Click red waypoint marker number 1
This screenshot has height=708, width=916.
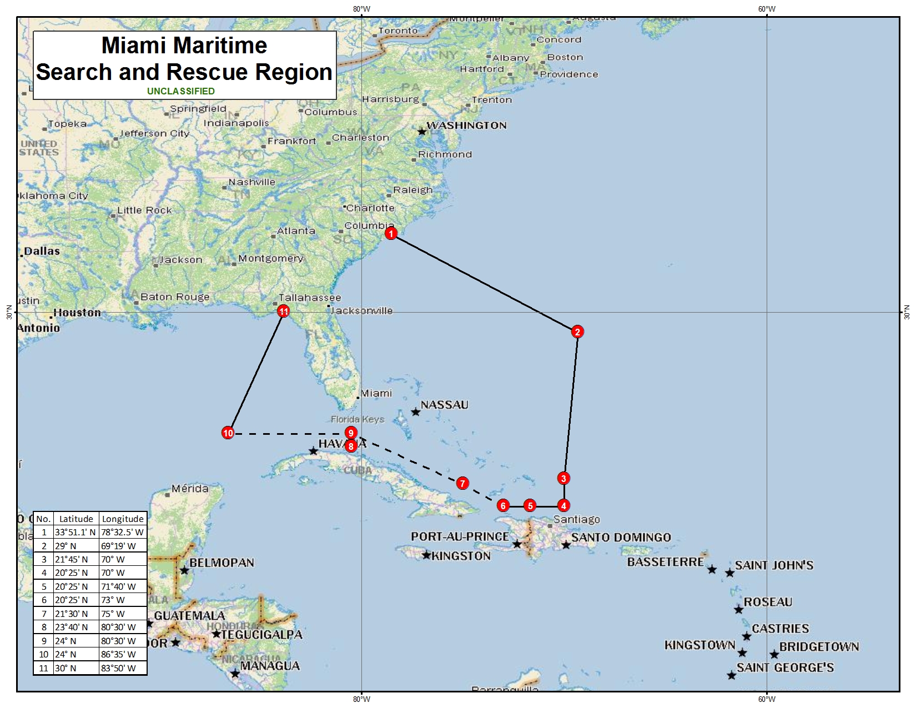tap(391, 233)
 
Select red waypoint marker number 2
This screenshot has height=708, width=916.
tap(577, 332)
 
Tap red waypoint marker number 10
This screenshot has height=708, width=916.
tap(228, 433)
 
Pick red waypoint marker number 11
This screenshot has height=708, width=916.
tap(284, 312)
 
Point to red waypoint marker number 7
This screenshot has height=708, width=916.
tap(462, 483)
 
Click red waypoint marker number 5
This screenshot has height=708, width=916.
tap(530, 505)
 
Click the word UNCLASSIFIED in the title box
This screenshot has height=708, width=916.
tap(181, 91)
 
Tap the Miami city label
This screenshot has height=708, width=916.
tap(376, 393)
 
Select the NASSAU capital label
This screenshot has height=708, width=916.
tap(444, 405)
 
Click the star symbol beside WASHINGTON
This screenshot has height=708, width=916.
tap(422, 132)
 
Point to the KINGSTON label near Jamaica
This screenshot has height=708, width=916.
tap(461, 556)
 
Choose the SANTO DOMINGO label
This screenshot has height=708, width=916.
tap(621, 538)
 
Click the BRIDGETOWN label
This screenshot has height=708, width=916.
tap(819, 647)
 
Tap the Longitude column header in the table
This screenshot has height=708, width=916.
tap(123, 519)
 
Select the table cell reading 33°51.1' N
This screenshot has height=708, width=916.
tap(75, 532)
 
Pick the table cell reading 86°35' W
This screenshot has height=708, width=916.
tap(118, 654)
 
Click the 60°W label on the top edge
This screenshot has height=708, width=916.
tap(767, 9)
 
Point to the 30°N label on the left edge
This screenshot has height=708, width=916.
tap(9, 312)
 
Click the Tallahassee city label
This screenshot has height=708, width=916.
tap(310, 298)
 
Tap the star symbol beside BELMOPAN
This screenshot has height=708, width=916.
tap(184, 570)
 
